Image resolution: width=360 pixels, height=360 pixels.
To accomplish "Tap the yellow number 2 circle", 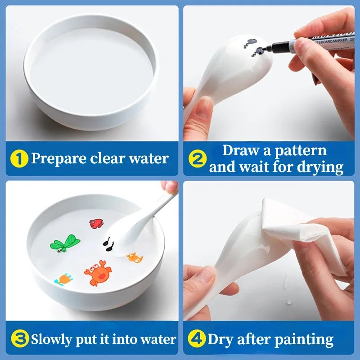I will [198, 158].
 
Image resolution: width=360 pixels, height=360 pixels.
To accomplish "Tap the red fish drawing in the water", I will [96, 224].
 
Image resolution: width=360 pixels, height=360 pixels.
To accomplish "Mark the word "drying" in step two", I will [320, 167].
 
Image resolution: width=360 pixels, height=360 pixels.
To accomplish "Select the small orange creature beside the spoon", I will [134, 257].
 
